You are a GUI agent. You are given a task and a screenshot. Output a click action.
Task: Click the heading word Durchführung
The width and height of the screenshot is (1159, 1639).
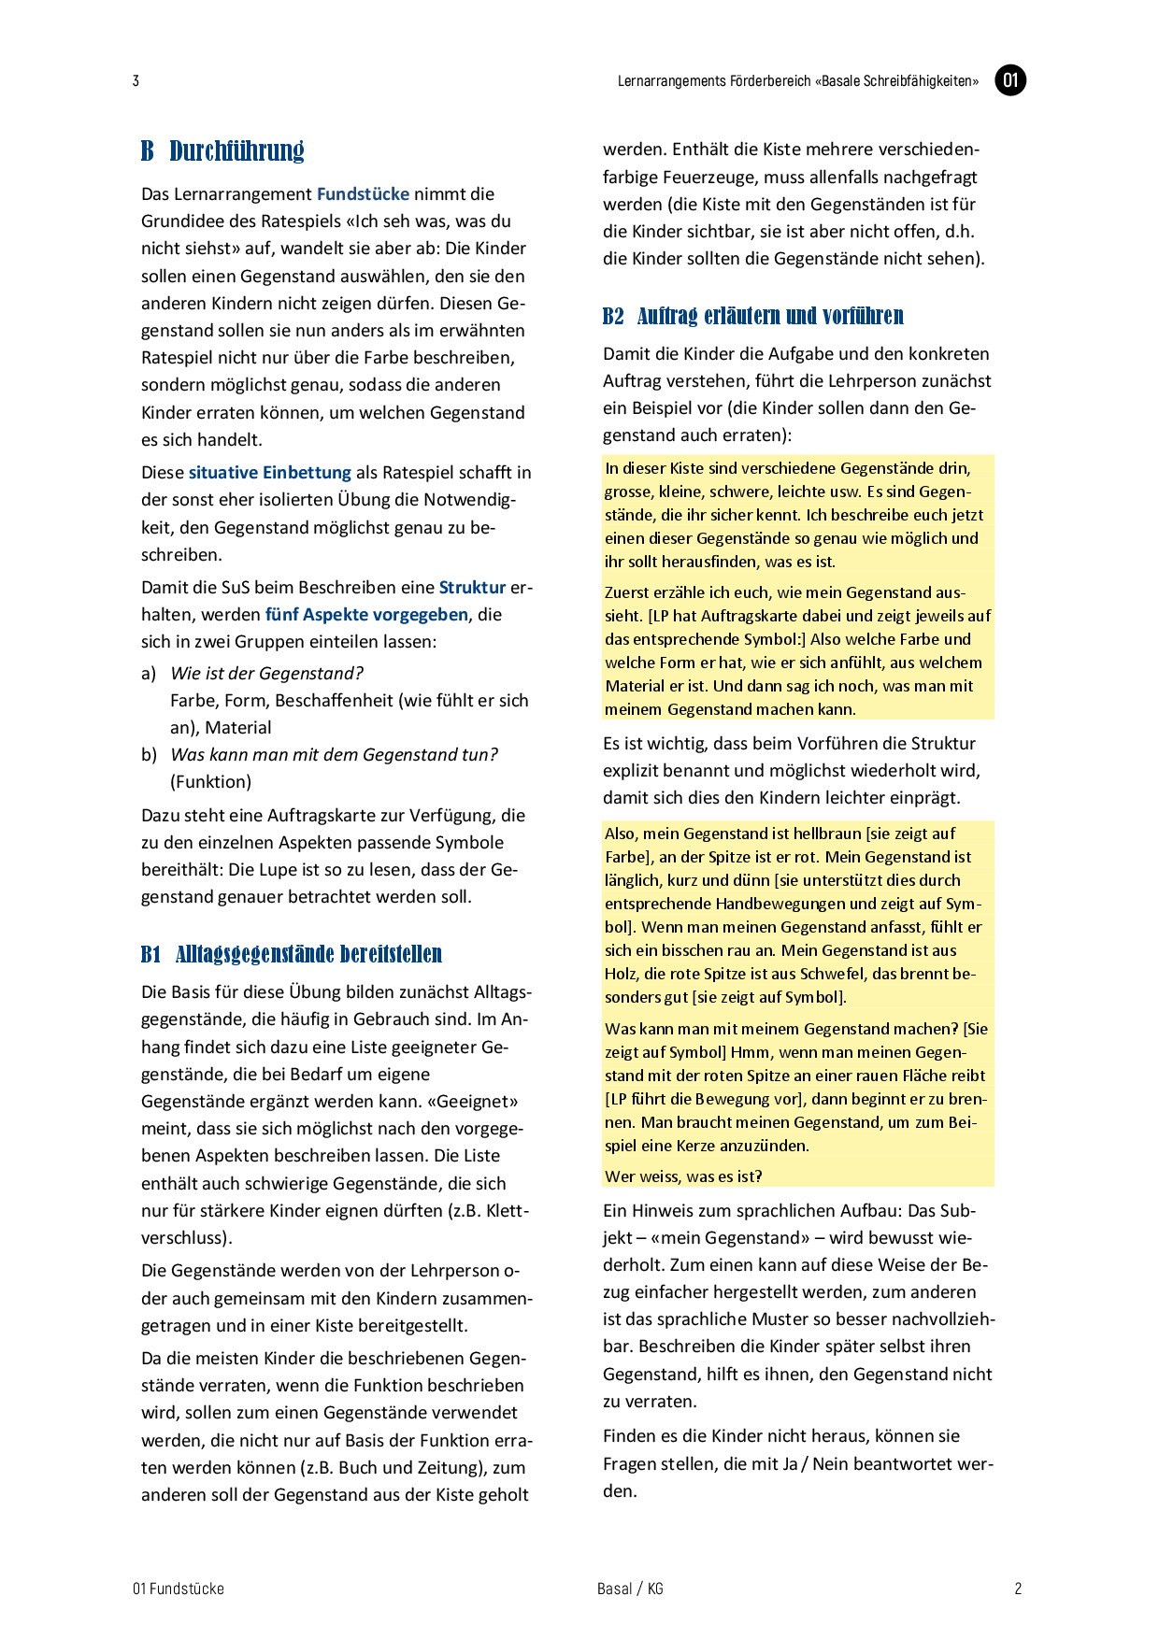click(236, 151)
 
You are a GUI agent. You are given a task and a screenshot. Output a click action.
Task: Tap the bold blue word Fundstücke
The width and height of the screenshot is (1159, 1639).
click(363, 194)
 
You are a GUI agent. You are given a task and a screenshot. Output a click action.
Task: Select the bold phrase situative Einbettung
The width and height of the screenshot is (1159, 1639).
click(269, 473)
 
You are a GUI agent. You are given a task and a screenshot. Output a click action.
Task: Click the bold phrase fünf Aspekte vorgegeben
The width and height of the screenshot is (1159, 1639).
click(366, 615)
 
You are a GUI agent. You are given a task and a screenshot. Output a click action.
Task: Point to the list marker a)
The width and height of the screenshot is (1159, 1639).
click(149, 674)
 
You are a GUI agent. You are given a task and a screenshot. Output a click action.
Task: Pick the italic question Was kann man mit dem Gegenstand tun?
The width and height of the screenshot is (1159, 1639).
click(334, 755)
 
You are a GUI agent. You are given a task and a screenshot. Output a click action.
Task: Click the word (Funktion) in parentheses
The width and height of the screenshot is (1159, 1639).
click(210, 782)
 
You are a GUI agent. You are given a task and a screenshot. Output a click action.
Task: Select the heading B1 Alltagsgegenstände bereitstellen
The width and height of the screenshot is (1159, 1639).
click(292, 954)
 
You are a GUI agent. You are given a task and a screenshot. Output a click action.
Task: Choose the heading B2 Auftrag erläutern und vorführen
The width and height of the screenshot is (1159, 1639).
click(753, 316)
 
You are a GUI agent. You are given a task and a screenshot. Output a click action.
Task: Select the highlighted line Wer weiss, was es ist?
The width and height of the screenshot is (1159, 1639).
click(683, 1176)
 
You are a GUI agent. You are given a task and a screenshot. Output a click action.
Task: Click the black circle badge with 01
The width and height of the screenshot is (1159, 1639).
click(1010, 80)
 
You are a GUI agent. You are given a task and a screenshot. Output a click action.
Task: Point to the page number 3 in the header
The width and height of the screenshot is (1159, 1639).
click(136, 81)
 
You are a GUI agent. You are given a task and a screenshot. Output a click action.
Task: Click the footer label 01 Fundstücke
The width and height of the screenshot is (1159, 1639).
click(179, 1589)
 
